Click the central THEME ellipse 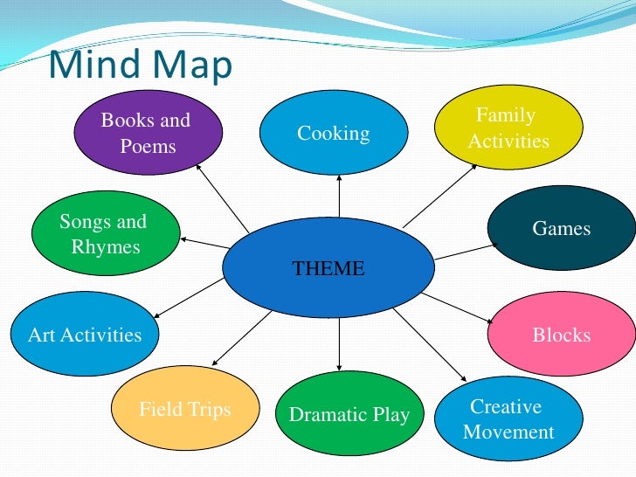(x=328, y=267)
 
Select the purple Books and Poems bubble (x=146, y=133)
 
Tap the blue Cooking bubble (x=334, y=133)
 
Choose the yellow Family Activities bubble (x=508, y=128)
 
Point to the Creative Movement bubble (x=508, y=419)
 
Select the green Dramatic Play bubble (x=349, y=414)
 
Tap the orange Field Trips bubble (x=186, y=409)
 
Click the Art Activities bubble (x=85, y=335)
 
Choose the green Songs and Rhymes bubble (x=102, y=234)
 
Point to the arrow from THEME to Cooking (x=338, y=194)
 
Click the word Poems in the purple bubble (x=148, y=146)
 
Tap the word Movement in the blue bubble (x=508, y=432)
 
